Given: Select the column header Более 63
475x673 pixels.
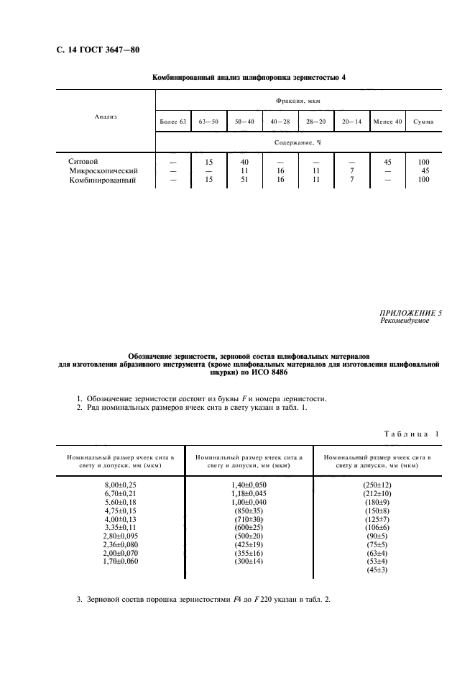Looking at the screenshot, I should (x=173, y=122).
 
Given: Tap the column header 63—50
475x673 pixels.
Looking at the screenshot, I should (x=209, y=122).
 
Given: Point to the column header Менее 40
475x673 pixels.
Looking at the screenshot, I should (x=388, y=122).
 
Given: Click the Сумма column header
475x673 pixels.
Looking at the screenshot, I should (x=423, y=122).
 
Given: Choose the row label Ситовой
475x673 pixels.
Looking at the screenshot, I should (x=83, y=162).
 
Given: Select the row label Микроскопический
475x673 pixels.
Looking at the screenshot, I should (x=103, y=171).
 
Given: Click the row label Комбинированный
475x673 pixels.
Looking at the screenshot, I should (x=102, y=180).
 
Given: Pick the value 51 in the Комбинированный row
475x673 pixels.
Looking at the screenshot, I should (x=244, y=180).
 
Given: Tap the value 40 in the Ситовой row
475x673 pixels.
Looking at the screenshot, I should (x=244, y=162).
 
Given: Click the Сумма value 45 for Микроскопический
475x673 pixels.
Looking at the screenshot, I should (x=424, y=171).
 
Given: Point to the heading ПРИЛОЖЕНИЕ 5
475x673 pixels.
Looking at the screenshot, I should (x=410, y=313).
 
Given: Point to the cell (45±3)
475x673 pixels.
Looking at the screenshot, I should (x=377, y=570).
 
